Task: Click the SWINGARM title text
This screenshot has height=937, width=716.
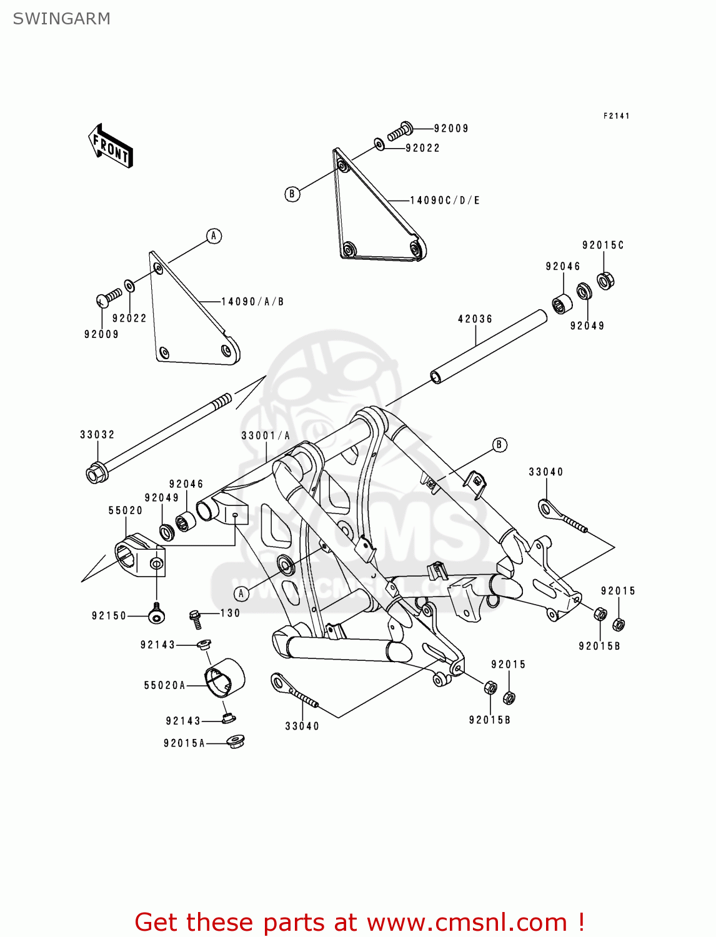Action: [61, 19]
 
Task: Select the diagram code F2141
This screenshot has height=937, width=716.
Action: [616, 116]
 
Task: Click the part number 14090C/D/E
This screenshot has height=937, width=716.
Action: [445, 201]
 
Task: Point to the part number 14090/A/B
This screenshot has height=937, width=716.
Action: [253, 302]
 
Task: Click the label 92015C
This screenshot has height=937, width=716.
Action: [603, 245]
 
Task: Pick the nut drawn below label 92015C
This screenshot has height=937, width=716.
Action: [605, 280]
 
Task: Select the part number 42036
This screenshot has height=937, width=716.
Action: [475, 319]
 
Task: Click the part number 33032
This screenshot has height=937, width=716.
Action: [97, 435]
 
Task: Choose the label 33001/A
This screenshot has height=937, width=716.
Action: [266, 436]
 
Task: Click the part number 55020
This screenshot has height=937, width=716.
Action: [126, 510]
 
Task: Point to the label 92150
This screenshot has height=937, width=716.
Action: [109, 616]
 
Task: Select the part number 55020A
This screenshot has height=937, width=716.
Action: [165, 686]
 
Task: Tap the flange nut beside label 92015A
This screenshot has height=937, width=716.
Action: [236, 742]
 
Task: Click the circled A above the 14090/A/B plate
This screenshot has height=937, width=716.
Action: [214, 236]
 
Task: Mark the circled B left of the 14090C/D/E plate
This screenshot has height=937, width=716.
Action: [292, 194]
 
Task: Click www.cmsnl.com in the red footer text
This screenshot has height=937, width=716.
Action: [467, 923]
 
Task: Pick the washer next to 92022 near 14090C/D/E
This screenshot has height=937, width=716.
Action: [380, 145]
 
